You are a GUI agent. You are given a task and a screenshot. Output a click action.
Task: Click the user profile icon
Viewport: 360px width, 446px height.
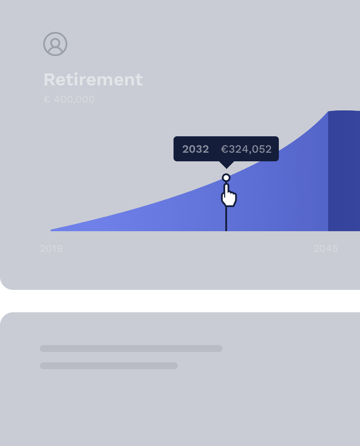tap(55, 44)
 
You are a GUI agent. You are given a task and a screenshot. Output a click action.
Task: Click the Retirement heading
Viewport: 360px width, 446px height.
tap(93, 79)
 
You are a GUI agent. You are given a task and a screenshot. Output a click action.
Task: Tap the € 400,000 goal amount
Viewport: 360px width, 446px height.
tap(69, 99)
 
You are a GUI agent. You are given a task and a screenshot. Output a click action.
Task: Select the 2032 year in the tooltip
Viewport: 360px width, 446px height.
tap(196, 149)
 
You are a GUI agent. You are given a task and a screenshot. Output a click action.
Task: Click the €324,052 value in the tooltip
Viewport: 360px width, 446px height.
tap(246, 149)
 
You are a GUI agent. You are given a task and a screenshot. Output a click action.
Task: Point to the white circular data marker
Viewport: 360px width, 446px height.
tap(226, 178)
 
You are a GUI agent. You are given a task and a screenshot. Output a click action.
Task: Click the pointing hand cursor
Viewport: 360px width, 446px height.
tap(229, 195)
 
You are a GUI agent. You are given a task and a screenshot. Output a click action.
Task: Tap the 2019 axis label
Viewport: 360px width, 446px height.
tap(51, 248)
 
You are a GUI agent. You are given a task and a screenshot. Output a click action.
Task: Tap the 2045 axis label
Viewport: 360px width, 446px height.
tap(325, 248)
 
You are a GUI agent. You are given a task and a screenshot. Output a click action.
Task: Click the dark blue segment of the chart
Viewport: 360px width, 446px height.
tap(344, 171)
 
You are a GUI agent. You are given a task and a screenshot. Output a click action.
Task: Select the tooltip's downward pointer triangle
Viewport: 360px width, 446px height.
tap(227, 165)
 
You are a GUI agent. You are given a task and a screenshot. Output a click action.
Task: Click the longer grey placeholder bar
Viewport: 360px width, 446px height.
tap(131, 349)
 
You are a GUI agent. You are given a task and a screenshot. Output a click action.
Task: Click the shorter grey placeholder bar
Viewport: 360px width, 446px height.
tap(109, 365)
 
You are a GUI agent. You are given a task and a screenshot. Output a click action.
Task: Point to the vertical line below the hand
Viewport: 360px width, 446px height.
tap(226, 219)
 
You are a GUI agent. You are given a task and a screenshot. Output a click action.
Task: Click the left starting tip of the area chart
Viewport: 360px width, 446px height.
tap(51, 230)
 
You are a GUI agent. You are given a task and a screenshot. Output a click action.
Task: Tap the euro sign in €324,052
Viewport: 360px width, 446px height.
tap(224, 149)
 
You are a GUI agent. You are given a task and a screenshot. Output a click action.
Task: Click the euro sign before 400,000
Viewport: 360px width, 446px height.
tap(47, 99)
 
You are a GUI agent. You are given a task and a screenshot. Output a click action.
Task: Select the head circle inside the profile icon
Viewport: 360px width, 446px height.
tap(55, 42)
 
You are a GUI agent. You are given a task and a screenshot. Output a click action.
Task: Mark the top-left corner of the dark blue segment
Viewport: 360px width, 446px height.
tap(328, 111)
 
